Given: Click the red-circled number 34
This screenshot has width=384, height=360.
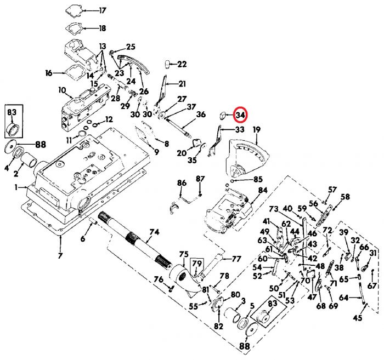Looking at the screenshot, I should coord(240,115).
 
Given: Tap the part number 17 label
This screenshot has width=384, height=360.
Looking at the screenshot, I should coord(103,10).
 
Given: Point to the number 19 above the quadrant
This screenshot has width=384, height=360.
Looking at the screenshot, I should coord(256,129).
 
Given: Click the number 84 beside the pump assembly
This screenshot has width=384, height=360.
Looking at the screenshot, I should coord(262,190).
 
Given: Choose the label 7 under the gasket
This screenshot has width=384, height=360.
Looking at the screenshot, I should coord(60,255).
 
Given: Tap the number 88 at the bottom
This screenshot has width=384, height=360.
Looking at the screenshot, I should coord(244,346).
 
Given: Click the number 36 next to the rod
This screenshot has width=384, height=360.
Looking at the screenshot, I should coord(201,114).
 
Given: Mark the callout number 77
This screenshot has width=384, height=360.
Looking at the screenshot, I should coord(236,259).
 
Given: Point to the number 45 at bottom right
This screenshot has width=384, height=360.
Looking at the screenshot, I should coord(358,318).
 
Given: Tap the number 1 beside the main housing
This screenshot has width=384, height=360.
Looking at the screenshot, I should coord(17,187).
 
